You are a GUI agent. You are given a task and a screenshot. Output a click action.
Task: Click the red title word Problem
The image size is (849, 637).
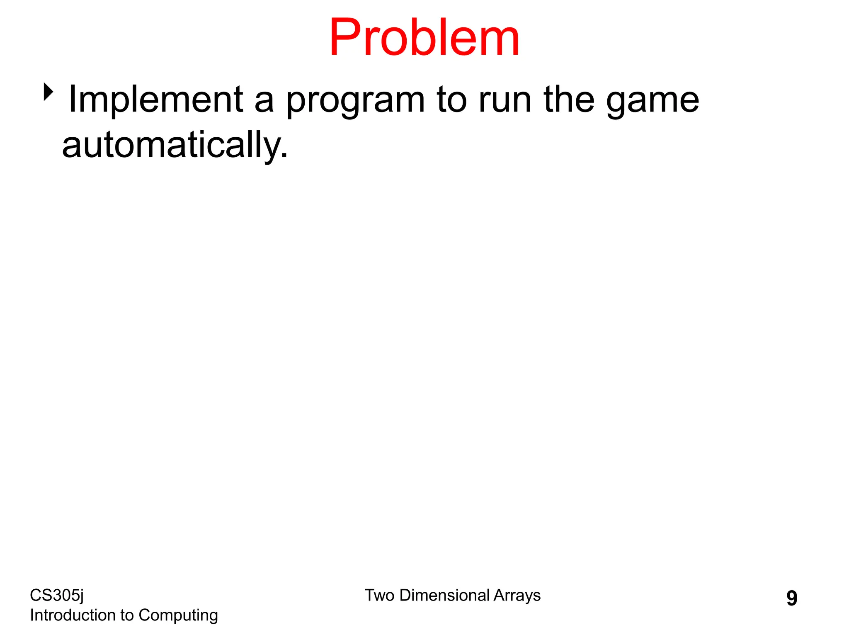point(424,38)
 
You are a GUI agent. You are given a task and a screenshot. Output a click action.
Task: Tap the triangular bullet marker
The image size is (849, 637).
point(49,92)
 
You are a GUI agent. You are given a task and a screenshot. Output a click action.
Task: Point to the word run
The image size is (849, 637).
point(505,100)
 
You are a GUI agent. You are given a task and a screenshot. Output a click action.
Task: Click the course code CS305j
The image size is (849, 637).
point(57,596)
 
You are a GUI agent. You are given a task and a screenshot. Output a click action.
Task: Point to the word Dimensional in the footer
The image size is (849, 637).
point(445,596)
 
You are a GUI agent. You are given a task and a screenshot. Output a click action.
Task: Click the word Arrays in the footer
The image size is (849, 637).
point(517,596)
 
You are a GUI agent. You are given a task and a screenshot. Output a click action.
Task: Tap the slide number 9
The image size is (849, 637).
point(791,598)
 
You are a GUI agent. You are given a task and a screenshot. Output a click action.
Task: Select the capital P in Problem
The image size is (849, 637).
point(347,38)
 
